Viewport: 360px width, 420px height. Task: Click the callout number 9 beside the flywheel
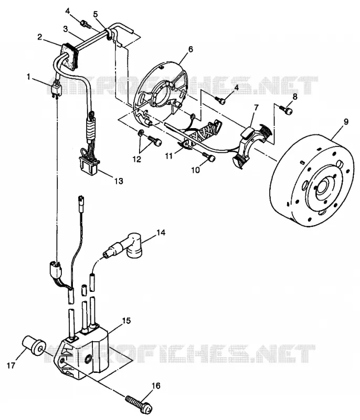(346, 122)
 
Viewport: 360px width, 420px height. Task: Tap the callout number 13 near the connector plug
(119, 181)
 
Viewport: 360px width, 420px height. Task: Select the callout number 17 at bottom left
(10, 365)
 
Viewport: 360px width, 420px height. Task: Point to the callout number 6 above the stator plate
(190, 49)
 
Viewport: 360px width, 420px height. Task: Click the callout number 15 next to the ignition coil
(126, 320)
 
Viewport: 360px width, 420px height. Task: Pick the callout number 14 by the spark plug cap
(161, 233)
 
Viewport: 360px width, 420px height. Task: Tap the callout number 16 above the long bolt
(156, 386)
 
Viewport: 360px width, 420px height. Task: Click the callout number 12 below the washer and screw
(137, 159)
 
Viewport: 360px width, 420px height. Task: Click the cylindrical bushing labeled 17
(34, 346)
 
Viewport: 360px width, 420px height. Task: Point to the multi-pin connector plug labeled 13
(89, 165)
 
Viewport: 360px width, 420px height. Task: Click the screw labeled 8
(285, 109)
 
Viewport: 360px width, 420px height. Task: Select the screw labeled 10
(209, 157)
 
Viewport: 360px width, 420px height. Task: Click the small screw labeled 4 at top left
(86, 24)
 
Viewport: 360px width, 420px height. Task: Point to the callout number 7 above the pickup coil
(257, 108)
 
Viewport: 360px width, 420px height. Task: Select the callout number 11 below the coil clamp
(168, 155)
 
